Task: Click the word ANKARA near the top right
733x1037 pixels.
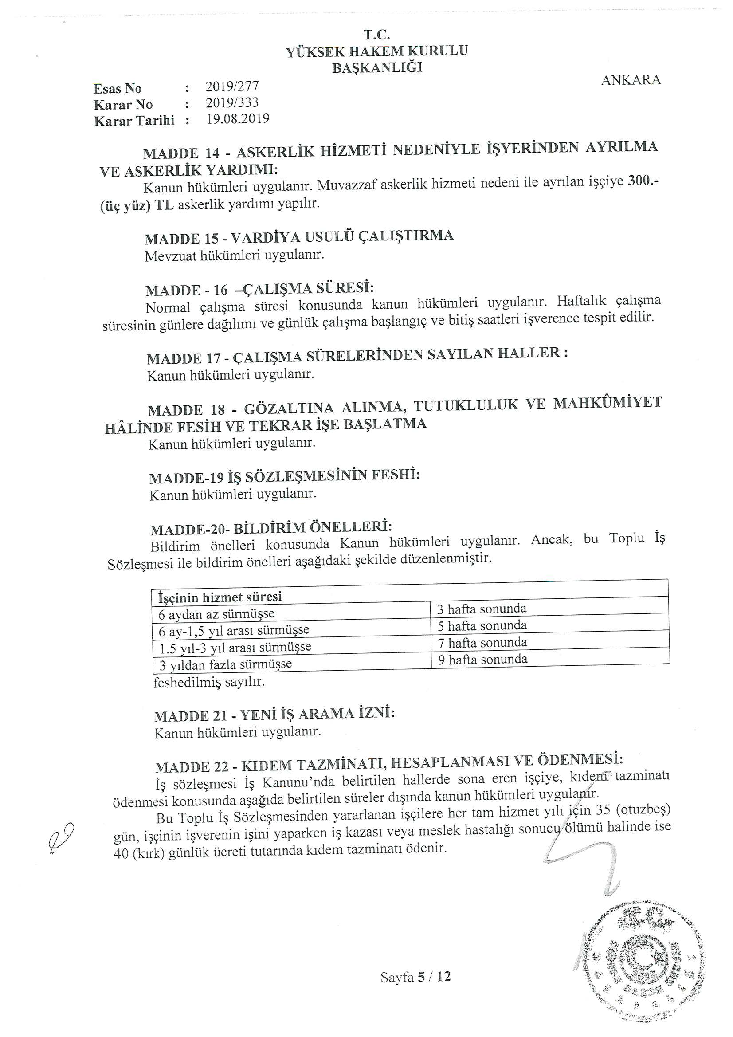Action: tap(631, 80)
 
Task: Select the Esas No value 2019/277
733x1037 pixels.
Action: tap(231, 86)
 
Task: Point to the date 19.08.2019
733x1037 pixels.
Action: tap(238, 119)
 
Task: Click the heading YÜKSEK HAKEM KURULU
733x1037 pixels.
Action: tap(376, 51)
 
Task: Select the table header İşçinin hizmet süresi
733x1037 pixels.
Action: tap(220, 597)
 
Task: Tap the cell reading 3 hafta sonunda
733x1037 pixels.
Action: tap(482, 609)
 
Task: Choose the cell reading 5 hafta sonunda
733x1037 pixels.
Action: tap(482, 625)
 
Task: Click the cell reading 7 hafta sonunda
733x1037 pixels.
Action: tap(482, 642)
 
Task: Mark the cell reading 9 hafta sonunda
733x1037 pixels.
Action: tap(482, 660)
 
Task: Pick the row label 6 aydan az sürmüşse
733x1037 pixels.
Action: tap(216, 614)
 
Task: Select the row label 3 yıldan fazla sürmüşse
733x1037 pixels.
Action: tap(225, 665)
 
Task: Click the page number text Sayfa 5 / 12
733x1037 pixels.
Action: tap(415, 978)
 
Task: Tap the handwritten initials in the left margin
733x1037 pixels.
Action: tap(60, 837)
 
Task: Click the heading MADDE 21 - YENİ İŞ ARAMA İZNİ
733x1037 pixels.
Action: tap(274, 715)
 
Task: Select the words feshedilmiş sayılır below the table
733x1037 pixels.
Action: tap(209, 682)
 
